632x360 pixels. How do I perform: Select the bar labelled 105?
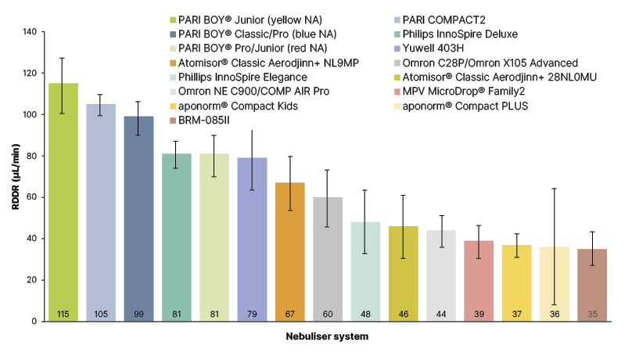pyautogui.click(x=101, y=212)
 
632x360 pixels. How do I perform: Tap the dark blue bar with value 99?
pyautogui.click(x=138, y=218)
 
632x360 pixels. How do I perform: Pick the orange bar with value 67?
pyautogui.click(x=289, y=251)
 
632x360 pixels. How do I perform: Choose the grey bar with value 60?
pyautogui.click(x=328, y=258)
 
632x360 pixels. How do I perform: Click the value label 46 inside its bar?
pyautogui.click(x=403, y=314)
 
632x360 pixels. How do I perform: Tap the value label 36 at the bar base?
pyautogui.click(x=555, y=314)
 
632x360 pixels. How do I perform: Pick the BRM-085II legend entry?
pyautogui.click(x=210, y=120)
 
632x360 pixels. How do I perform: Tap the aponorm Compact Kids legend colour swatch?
pyautogui.click(x=174, y=106)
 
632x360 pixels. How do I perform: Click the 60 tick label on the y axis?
pyautogui.click(x=31, y=197)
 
